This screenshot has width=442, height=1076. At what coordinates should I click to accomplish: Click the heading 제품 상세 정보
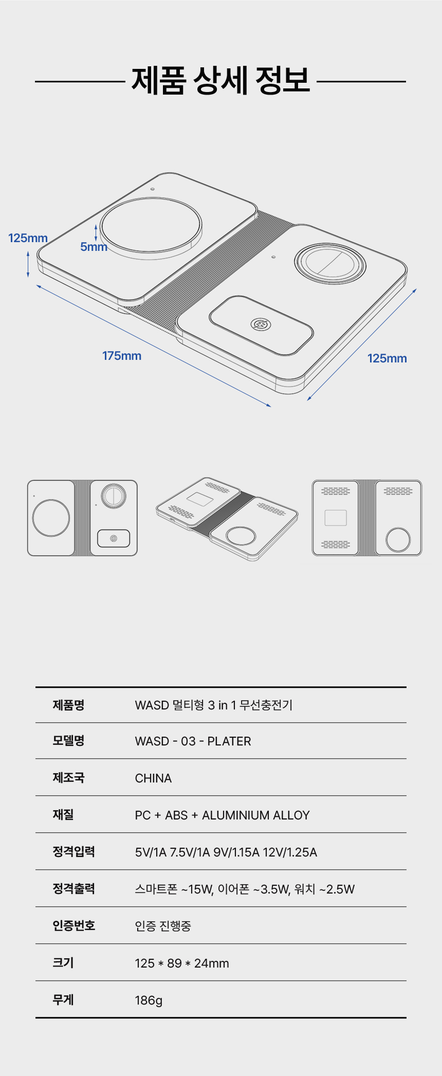[221, 80]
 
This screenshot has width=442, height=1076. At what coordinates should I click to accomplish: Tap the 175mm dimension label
[122, 356]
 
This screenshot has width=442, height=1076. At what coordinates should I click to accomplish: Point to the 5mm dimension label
[94, 247]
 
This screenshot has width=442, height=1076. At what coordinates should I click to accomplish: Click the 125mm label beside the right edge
[387, 358]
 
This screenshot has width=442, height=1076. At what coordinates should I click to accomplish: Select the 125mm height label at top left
[28, 238]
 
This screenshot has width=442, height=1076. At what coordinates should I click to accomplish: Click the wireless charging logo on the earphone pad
[261, 324]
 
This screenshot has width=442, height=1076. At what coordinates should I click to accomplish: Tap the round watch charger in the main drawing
[330, 263]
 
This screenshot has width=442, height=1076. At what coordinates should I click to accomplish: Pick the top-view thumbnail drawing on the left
[82, 518]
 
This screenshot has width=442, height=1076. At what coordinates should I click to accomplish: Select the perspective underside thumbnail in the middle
[227, 519]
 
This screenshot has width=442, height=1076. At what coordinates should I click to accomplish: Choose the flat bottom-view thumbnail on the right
[367, 518]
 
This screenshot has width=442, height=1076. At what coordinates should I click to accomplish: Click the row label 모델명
[68, 741]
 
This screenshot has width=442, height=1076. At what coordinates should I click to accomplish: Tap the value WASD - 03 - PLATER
[193, 741]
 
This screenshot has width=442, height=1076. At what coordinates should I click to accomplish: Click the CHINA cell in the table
[153, 778]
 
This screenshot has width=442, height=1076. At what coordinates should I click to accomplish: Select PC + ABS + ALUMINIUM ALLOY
[223, 815]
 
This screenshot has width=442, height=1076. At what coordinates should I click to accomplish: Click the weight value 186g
[149, 1000]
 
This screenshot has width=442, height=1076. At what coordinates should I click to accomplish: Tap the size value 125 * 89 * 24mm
[182, 963]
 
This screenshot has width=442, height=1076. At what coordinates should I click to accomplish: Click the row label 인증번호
[74, 926]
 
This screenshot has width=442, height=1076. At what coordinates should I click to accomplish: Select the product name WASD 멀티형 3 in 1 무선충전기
[214, 705]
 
